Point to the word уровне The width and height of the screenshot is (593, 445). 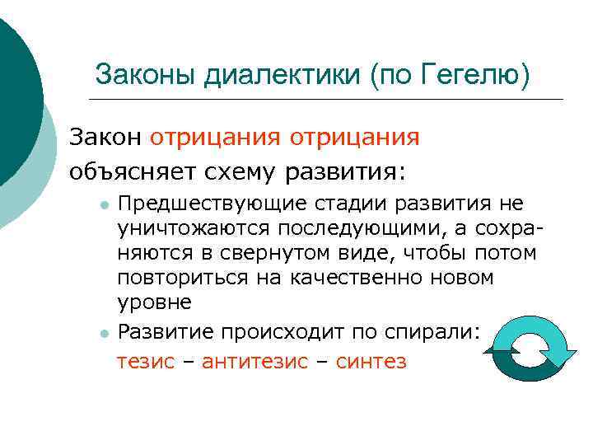point(154,302)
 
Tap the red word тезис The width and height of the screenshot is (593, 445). point(146,361)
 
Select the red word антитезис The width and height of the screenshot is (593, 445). point(254,361)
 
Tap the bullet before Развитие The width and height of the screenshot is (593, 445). point(101,333)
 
